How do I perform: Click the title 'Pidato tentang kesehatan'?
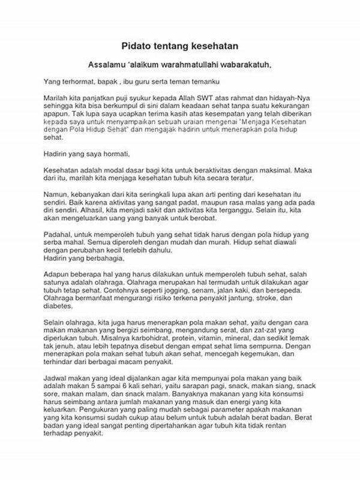click(180, 45)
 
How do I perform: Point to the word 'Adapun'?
click(58, 274)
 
